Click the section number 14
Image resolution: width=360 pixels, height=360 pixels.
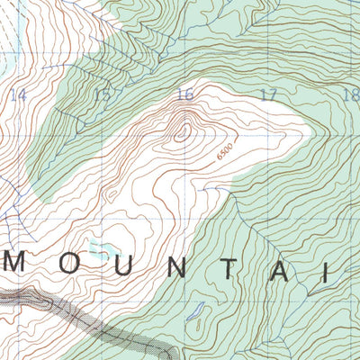click(x=18, y=94)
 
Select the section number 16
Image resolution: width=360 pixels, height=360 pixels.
click(x=184, y=94)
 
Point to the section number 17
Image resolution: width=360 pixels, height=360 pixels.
click(x=267, y=94)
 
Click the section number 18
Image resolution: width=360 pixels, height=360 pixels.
click(x=350, y=94)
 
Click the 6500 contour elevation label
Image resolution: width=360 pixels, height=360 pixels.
click(x=224, y=150)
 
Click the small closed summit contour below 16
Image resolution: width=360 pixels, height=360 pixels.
click(x=183, y=131)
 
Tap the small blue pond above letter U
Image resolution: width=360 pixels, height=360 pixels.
click(x=106, y=243)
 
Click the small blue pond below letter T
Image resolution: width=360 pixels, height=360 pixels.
click(x=192, y=314)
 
